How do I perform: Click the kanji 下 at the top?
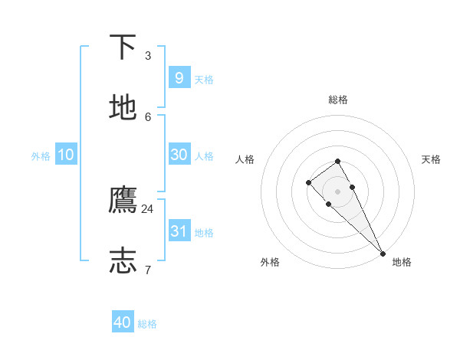(x=123, y=47)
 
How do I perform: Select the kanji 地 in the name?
(x=123, y=108)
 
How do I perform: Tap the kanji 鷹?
(x=123, y=200)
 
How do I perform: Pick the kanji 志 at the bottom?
(x=123, y=260)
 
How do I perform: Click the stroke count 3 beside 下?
(x=148, y=55)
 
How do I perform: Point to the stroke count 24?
(x=148, y=208)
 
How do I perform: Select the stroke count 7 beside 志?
(x=148, y=270)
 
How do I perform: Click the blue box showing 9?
(x=179, y=77)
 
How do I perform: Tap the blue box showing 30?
(x=179, y=154)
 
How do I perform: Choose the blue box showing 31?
(x=179, y=231)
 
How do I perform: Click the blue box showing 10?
(x=66, y=155)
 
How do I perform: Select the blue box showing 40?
(x=123, y=322)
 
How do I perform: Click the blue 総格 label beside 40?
(x=148, y=324)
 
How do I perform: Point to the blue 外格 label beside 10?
(x=41, y=156)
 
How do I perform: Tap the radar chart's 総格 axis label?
(x=338, y=100)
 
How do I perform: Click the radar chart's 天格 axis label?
(x=431, y=159)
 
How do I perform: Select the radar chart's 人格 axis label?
(x=245, y=159)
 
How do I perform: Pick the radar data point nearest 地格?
(x=383, y=253)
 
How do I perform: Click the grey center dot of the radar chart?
(x=338, y=191)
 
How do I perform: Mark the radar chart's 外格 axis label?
(x=270, y=262)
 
